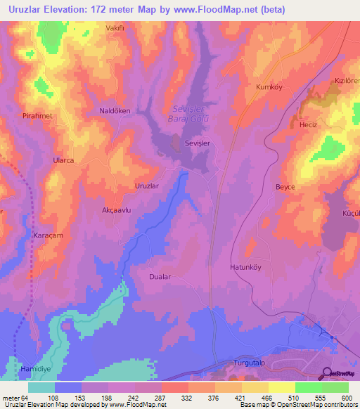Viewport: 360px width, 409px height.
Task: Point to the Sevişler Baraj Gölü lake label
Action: [188, 113]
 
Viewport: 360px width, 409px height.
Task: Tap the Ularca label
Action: [64, 160]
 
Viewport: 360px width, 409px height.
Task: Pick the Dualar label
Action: [160, 277]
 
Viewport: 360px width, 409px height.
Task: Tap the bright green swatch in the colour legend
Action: [308, 387]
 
